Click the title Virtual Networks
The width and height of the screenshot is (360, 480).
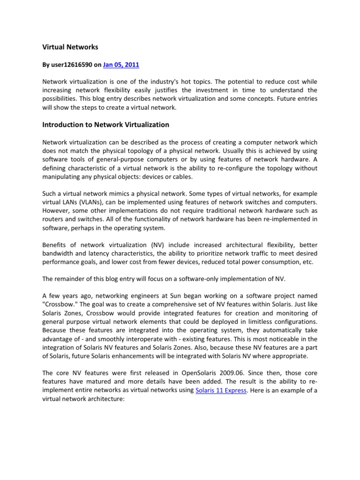(x=70, y=47)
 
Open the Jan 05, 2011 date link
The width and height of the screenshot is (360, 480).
(x=121, y=65)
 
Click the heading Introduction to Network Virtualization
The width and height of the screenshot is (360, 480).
(x=105, y=125)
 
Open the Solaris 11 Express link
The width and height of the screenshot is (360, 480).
(x=221, y=390)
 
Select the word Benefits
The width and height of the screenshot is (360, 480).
(x=55, y=245)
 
